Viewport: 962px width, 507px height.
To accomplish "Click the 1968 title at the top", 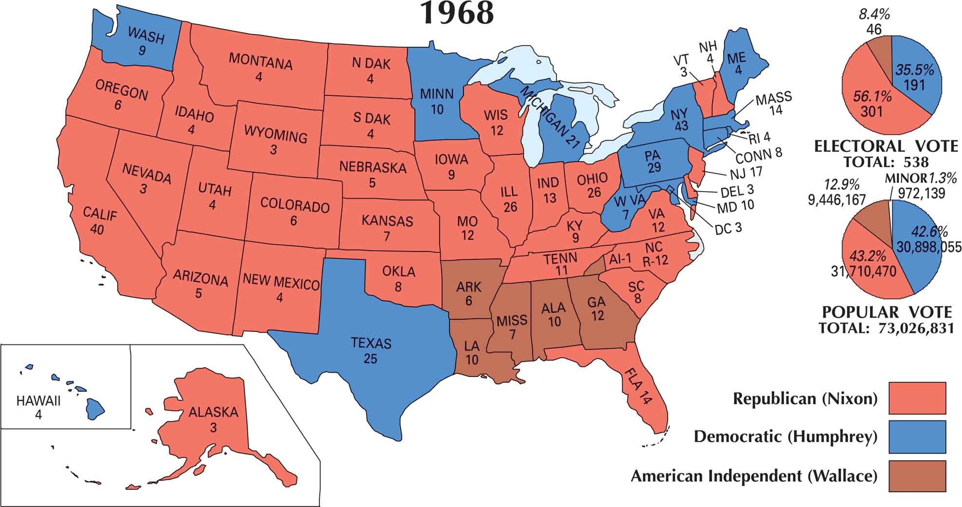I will pyautogui.click(x=457, y=14).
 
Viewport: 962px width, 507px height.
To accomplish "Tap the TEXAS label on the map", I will pyautogui.click(x=371, y=344).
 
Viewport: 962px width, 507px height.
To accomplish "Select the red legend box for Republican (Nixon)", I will pyautogui.click(x=917, y=398).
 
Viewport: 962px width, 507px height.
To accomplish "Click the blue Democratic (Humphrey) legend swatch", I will pyautogui.click(x=917, y=436).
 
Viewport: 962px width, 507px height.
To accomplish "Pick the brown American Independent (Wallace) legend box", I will pyautogui.click(x=917, y=476).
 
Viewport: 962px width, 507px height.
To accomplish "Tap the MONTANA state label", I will pyautogui.click(x=260, y=61).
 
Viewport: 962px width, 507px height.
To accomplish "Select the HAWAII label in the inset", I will pyautogui.click(x=38, y=401).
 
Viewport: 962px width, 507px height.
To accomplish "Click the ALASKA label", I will pyautogui.click(x=213, y=413).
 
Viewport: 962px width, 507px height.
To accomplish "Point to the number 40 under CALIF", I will pyautogui.click(x=97, y=229).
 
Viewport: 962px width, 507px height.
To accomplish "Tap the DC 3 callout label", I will pyautogui.click(x=728, y=228).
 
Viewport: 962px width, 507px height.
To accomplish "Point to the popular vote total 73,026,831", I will pyautogui.click(x=916, y=328).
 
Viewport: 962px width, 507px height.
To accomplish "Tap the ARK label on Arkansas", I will pyautogui.click(x=468, y=287).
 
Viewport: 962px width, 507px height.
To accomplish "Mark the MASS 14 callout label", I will pyautogui.click(x=774, y=103).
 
